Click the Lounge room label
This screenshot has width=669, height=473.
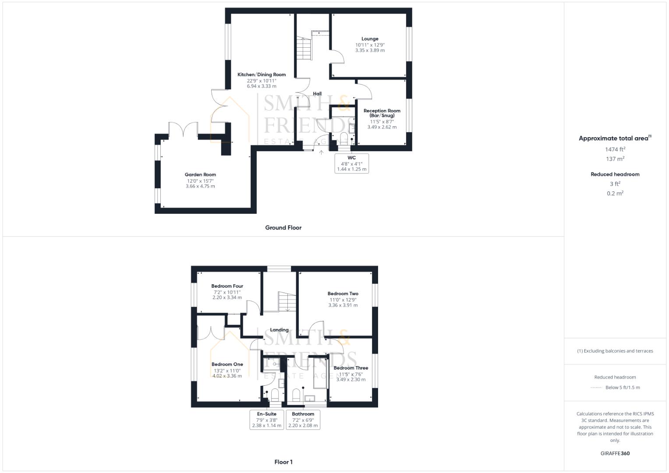click(x=370, y=39)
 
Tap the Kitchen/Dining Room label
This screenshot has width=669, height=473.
click(x=262, y=75)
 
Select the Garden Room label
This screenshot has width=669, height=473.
click(x=200, y=175)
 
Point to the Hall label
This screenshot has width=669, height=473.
click(x=317, y=94)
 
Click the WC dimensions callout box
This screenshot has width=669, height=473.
click(x=351, y=163)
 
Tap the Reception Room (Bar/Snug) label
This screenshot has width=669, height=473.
click(x=382, y=113)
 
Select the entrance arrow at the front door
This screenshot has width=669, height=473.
click(x=321, y=152)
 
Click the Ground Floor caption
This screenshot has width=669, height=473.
click(x=283, y=228)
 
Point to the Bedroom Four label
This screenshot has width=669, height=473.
click(x=227, y=286)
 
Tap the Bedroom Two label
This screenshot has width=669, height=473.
click(x=343, y=294)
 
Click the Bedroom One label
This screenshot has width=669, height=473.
click(x=227, y=364)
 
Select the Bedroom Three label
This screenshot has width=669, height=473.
click(x=350, y=368)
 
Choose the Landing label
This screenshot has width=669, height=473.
click(x=279, y=330)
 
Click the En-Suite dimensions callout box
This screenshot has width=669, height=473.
click(x=266, y=420)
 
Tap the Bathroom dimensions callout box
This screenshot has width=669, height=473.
click(x=303, y=420)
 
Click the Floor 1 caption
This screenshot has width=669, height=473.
click(x=283, y=462)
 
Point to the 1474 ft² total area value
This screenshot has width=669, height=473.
click(x=615, y=149)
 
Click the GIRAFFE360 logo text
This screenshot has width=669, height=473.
click(x=615, y=453)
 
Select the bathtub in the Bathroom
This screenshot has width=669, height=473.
click(x=320, y=372)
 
